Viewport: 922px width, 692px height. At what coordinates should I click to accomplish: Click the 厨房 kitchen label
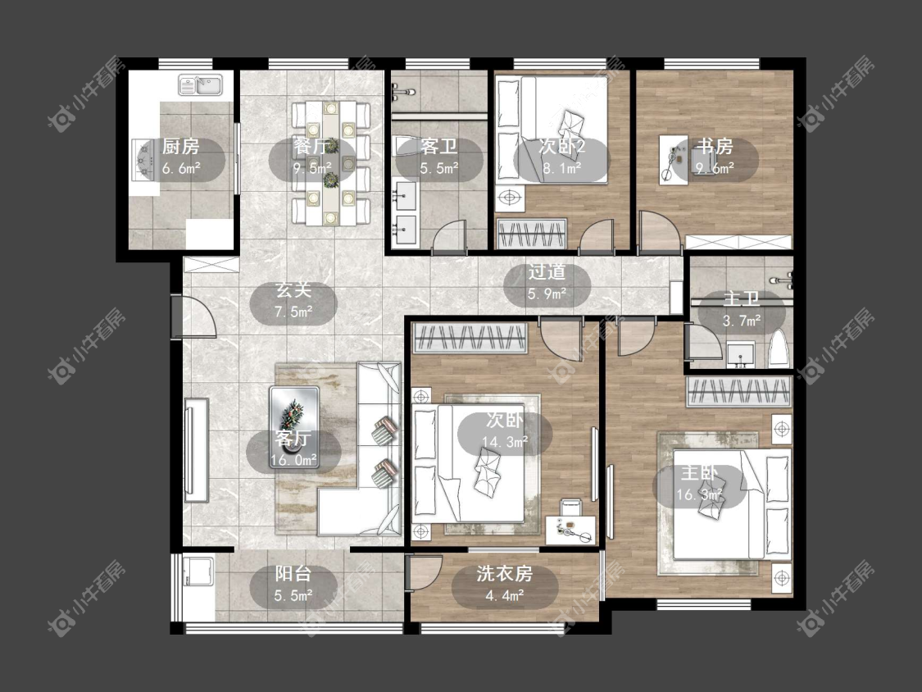(180, 146)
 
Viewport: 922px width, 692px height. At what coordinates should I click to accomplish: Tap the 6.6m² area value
(180, 169)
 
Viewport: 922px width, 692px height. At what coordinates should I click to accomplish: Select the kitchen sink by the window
(200, 85)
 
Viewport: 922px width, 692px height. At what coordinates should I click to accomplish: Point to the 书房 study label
(715, 146)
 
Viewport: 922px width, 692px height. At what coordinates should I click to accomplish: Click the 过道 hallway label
(547, 272)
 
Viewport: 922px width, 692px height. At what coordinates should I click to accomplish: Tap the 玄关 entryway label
(293, 290)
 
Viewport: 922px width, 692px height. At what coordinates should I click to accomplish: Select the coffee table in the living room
(294, 426)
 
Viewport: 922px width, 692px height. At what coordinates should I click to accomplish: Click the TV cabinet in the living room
(197, 450)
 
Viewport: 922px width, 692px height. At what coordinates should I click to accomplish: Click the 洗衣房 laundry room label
(505, 574)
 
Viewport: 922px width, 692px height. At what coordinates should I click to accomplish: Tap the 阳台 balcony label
(293, 574)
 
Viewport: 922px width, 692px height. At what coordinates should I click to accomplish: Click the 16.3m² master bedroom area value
(699, 495)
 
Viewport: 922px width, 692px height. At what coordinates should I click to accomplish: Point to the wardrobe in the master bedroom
(738, 392)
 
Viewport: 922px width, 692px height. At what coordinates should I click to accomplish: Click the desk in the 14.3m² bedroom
(570, 530)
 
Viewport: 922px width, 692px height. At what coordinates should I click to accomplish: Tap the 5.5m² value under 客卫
(439, 169)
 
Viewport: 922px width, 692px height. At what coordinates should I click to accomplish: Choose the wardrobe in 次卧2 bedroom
(532, 234)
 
